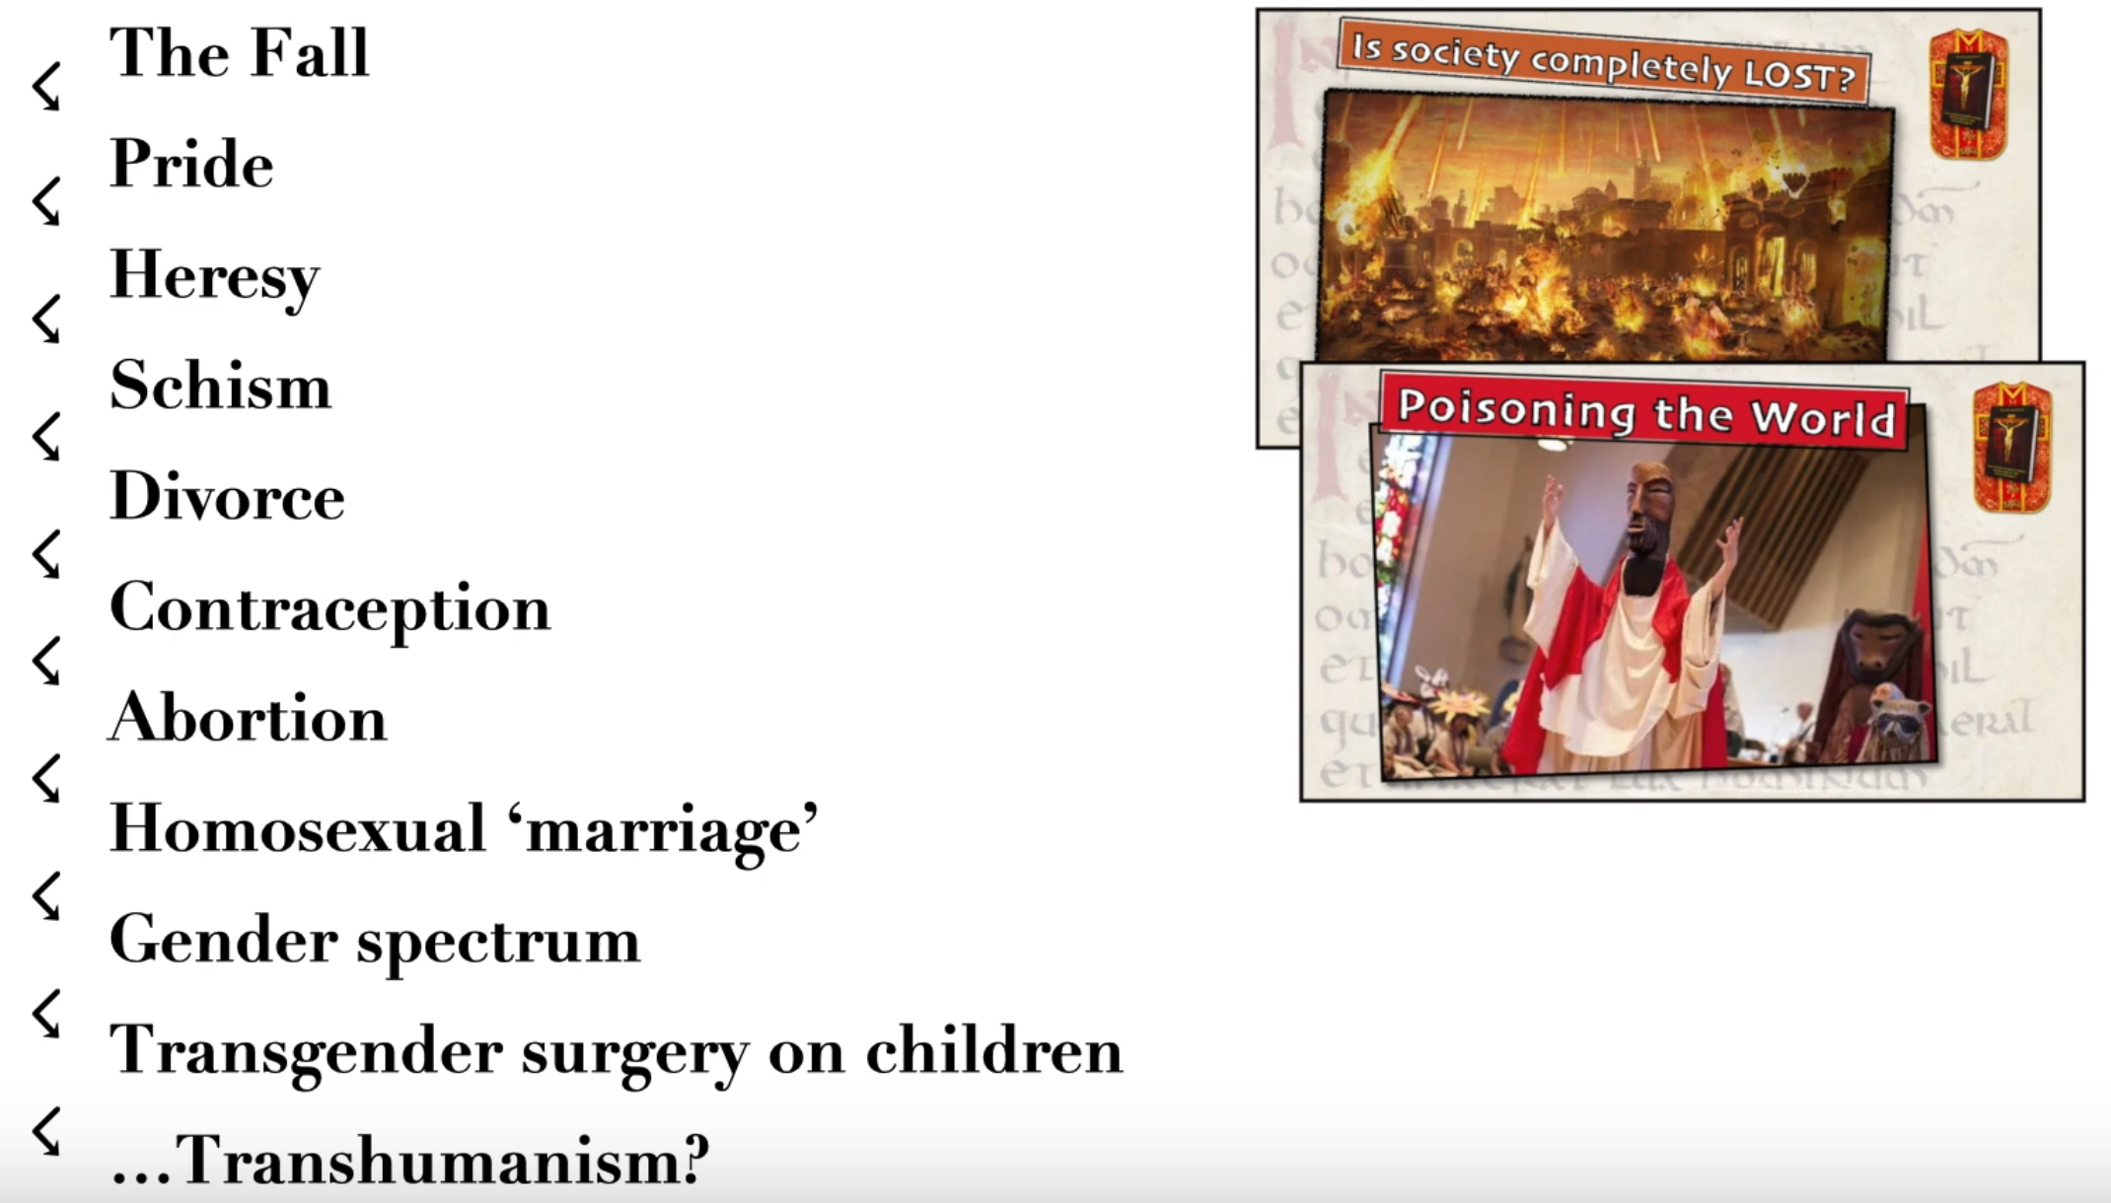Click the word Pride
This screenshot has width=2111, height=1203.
point(191,163)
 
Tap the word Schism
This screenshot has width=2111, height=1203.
point(221,385)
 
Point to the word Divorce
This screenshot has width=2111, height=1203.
point(228,495)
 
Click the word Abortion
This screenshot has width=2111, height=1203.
point(249,717)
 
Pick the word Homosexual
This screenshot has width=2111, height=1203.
point(298,827)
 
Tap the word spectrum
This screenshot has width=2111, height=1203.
point(498,944)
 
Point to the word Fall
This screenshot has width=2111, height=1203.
point(309,52)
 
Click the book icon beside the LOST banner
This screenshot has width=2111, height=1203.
point(1969,95)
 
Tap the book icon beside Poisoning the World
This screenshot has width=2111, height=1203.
point(2012,448)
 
